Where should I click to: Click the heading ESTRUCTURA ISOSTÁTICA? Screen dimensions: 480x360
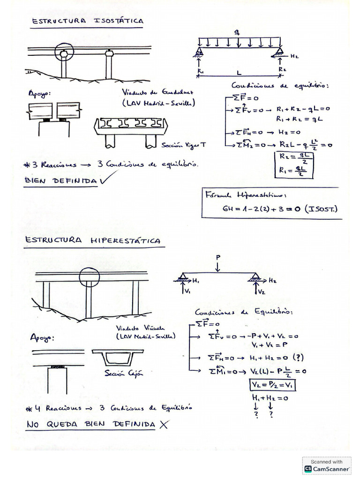coord(87,21)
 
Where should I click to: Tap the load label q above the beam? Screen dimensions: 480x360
coord(238,31)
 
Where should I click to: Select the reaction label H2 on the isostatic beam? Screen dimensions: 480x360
coord(294,56)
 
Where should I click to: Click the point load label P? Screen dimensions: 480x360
coord(218,257)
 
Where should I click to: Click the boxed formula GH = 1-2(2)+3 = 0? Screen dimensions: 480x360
coord(272,209)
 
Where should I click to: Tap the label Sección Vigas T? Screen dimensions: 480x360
coord(183,145)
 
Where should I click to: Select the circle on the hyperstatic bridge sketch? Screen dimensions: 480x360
coord(89,276)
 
